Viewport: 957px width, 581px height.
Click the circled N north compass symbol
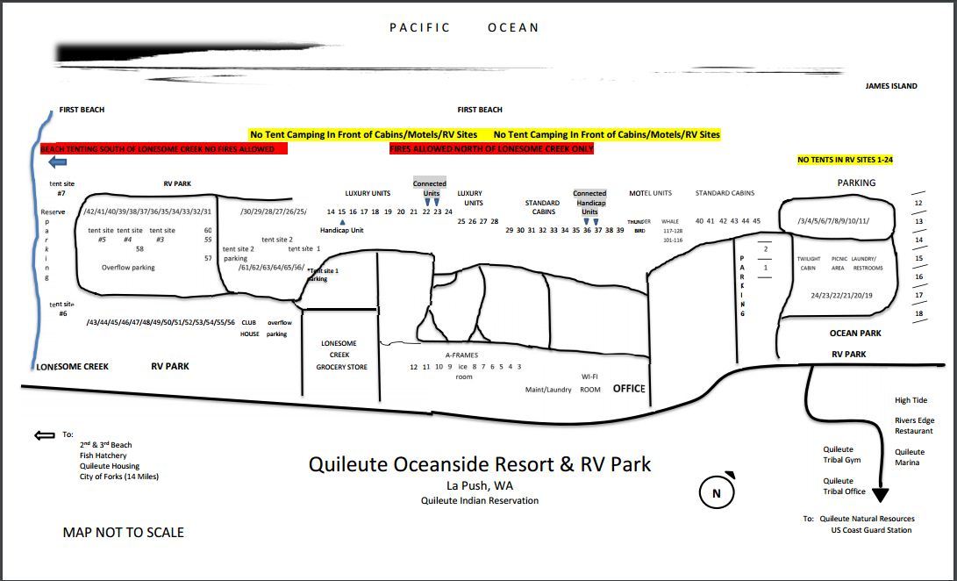click(717, 493)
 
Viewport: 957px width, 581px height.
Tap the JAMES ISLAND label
click(891, 86)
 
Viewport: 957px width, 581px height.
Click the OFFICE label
click(629, 388)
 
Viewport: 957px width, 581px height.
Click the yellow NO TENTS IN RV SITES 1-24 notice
click(845, 160)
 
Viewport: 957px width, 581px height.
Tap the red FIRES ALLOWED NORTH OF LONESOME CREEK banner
click(491, 149)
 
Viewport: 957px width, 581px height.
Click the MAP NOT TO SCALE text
click(124, 532)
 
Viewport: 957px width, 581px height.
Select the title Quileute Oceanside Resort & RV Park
click(480, 463)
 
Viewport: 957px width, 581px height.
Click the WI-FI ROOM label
click(590, 383)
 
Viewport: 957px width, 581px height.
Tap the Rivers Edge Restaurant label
click(914, 426)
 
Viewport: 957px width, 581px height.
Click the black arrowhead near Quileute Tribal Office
click(880, 496)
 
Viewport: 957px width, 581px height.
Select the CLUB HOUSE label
click(250, 328)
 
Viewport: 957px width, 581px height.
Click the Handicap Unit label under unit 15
click(341, 230)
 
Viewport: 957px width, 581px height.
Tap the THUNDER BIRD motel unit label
click(639, 226)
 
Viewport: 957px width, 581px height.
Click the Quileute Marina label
click(909, 457)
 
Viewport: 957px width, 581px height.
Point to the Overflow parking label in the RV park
click(128, 267)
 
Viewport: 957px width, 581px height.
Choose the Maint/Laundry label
click(548, 390)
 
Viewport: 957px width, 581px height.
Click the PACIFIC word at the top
click(419, 27)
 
